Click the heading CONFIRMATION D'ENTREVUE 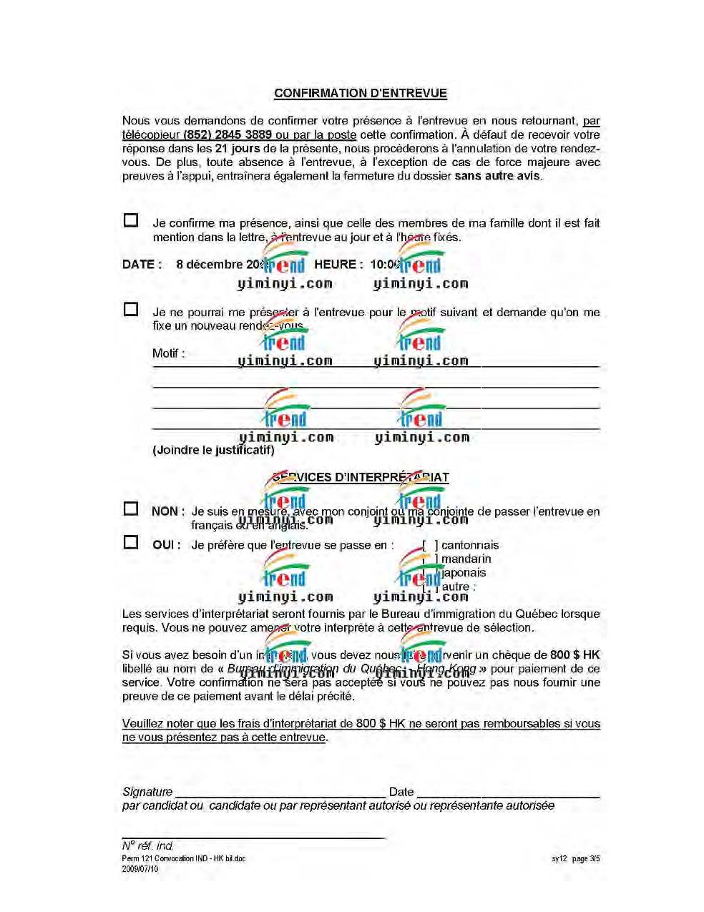point(360,93)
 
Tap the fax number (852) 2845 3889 point(228,134)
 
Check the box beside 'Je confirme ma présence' point(131,220)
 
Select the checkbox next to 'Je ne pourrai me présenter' point(131,309)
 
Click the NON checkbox point(131,509)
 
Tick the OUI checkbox point(131,542)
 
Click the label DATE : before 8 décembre point(142,264)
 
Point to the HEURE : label point(338,264)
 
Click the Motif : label point(168,353)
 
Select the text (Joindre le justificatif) point(213,450)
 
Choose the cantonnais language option point(469,545)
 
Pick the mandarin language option point(466,559)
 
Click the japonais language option point(464,572)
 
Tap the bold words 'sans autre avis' point(498,176)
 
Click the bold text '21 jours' point(238,149)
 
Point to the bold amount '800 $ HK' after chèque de point(575,654)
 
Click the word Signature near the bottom point(147,792)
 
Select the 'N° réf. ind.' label point(148,845)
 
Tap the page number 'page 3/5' point(586,858)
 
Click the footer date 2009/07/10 point(140,868)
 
